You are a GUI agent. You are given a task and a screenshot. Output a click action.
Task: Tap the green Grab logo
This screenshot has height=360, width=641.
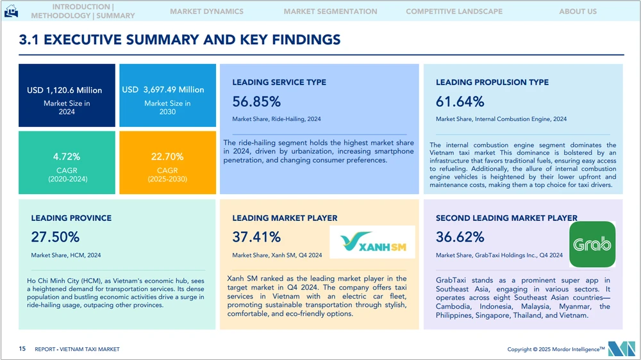592,244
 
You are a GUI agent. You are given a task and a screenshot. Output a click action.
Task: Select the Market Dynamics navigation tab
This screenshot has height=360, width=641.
206,12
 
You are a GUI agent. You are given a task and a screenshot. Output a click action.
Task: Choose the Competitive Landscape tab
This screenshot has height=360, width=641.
454,12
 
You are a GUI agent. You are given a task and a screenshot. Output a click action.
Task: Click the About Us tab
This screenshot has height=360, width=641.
578,12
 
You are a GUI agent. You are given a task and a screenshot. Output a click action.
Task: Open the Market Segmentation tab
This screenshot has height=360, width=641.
330,12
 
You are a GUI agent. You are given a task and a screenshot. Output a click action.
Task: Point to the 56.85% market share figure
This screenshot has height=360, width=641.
256,101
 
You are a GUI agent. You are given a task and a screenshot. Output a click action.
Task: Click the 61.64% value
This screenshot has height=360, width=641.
460,101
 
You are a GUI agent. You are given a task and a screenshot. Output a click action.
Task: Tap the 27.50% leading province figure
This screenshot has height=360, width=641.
55,237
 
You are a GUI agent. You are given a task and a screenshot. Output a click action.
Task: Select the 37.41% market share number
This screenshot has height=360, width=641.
256,237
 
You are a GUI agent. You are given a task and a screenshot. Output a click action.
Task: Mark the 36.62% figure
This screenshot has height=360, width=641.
460,237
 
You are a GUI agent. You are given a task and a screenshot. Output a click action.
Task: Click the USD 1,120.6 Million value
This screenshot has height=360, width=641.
64,90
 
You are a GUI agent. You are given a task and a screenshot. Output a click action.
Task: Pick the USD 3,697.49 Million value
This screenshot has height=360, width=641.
163,90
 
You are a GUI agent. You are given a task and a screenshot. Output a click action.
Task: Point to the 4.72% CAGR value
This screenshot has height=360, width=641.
67,156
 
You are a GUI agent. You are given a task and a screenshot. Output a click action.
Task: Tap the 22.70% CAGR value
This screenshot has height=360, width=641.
167,156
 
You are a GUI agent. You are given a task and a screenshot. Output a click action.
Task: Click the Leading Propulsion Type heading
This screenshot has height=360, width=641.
492,82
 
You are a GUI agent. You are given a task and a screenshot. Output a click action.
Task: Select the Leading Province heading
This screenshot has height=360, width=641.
71,218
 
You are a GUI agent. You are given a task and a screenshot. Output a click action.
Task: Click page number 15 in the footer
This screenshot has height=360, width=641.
22,349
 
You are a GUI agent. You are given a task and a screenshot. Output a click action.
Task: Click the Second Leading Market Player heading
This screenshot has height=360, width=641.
506,218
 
